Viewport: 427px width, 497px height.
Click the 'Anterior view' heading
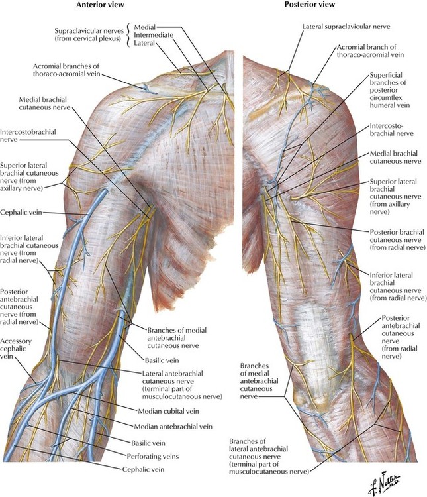[101, 5]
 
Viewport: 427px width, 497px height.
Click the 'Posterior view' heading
[309, 5]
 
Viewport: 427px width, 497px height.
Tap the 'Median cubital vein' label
[169, 411]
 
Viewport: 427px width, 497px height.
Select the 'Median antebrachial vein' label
[173, 427]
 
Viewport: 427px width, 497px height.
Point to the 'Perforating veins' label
[153, 457]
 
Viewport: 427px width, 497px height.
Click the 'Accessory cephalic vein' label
[16, 349]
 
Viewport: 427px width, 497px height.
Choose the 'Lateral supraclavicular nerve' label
[346, 27]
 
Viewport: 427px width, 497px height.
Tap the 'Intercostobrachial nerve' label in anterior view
[28, 136]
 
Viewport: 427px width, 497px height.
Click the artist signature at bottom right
[384, 483]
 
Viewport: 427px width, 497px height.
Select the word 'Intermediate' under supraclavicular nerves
[154, 35]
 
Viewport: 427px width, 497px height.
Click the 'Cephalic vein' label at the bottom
[144, 469]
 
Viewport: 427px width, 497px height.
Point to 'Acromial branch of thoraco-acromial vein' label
[370, 51]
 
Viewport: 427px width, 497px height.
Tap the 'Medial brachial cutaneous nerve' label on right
[396, 158]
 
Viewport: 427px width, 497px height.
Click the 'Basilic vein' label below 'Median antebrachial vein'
[148, 443]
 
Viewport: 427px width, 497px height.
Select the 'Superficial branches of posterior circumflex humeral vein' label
[390, 90]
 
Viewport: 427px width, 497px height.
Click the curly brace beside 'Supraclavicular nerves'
[128, 35]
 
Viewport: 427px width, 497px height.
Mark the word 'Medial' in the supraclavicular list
[145, 27]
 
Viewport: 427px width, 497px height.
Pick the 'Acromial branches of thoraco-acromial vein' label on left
[66, 70]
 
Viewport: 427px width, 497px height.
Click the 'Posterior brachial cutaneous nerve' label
[398, 240]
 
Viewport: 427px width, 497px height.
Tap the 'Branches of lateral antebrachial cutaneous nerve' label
[269, 457]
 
